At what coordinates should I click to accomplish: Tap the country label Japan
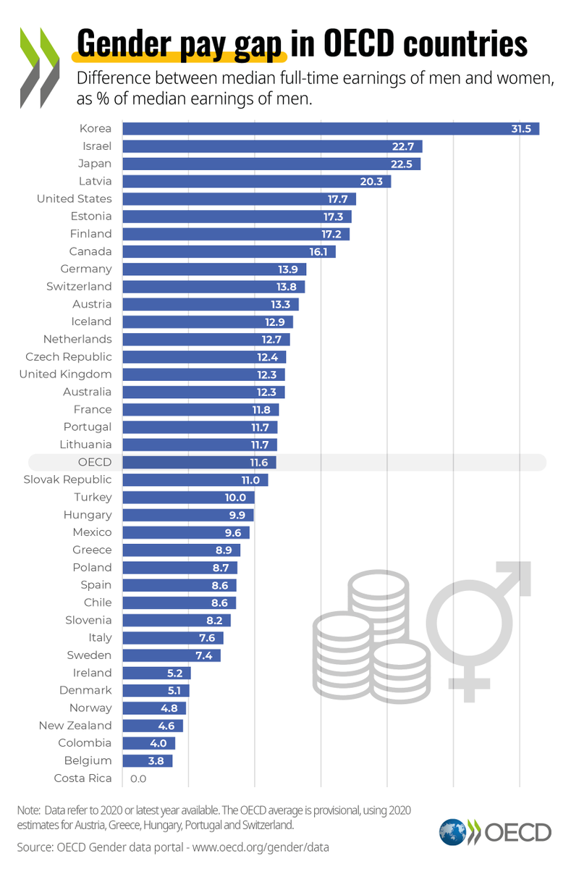point(96,164)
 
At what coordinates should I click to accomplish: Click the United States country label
point(75,198)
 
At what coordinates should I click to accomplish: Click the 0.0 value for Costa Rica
point(138,778)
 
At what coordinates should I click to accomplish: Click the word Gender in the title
point(127,45)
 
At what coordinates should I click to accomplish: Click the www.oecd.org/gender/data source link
point(250,846)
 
